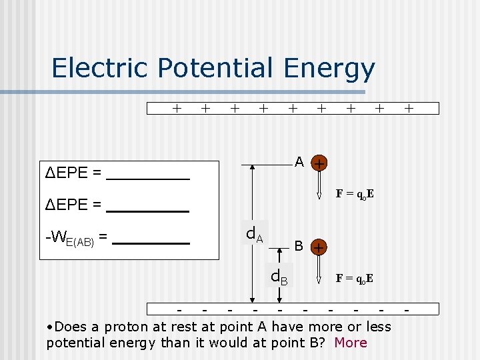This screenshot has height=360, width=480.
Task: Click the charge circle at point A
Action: coord(320,163)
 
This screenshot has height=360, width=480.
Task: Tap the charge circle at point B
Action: coord(320,247)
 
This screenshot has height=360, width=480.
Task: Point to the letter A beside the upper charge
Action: coord(299,162)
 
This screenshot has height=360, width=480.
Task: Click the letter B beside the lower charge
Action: coord(299,246)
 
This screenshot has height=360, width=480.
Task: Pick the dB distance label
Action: coord(279,276)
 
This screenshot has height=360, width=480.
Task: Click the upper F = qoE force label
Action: coord(354,194)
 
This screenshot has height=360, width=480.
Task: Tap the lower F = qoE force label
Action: coord(354,277)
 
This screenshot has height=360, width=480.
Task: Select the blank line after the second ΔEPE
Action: coord(148,211)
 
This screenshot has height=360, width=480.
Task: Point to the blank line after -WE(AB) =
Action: coord(151,243)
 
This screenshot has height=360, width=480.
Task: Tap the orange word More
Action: coord(351,343)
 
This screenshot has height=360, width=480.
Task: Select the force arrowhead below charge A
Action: coord(320,196)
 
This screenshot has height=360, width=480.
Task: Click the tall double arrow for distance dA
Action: coord(251,233)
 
